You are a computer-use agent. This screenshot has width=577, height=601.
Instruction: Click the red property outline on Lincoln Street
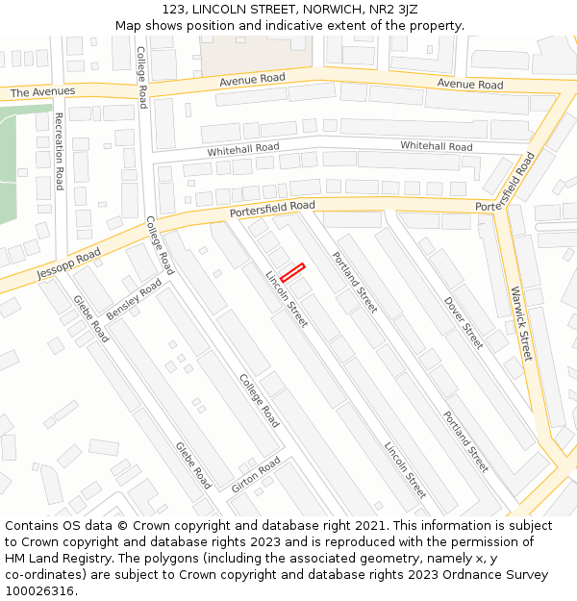point(292,272)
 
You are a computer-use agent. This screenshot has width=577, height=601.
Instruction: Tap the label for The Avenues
point(42,92)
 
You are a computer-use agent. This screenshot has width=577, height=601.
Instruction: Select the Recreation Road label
point(59,151)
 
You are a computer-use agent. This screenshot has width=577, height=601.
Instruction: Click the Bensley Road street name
point(134,301)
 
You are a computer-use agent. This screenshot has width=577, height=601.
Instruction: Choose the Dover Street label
point(464,322)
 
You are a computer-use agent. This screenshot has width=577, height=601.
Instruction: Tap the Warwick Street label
point(521,323)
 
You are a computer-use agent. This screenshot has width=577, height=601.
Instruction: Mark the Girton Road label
point(255,475)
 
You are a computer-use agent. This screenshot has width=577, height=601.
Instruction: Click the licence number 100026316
point(39,590)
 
